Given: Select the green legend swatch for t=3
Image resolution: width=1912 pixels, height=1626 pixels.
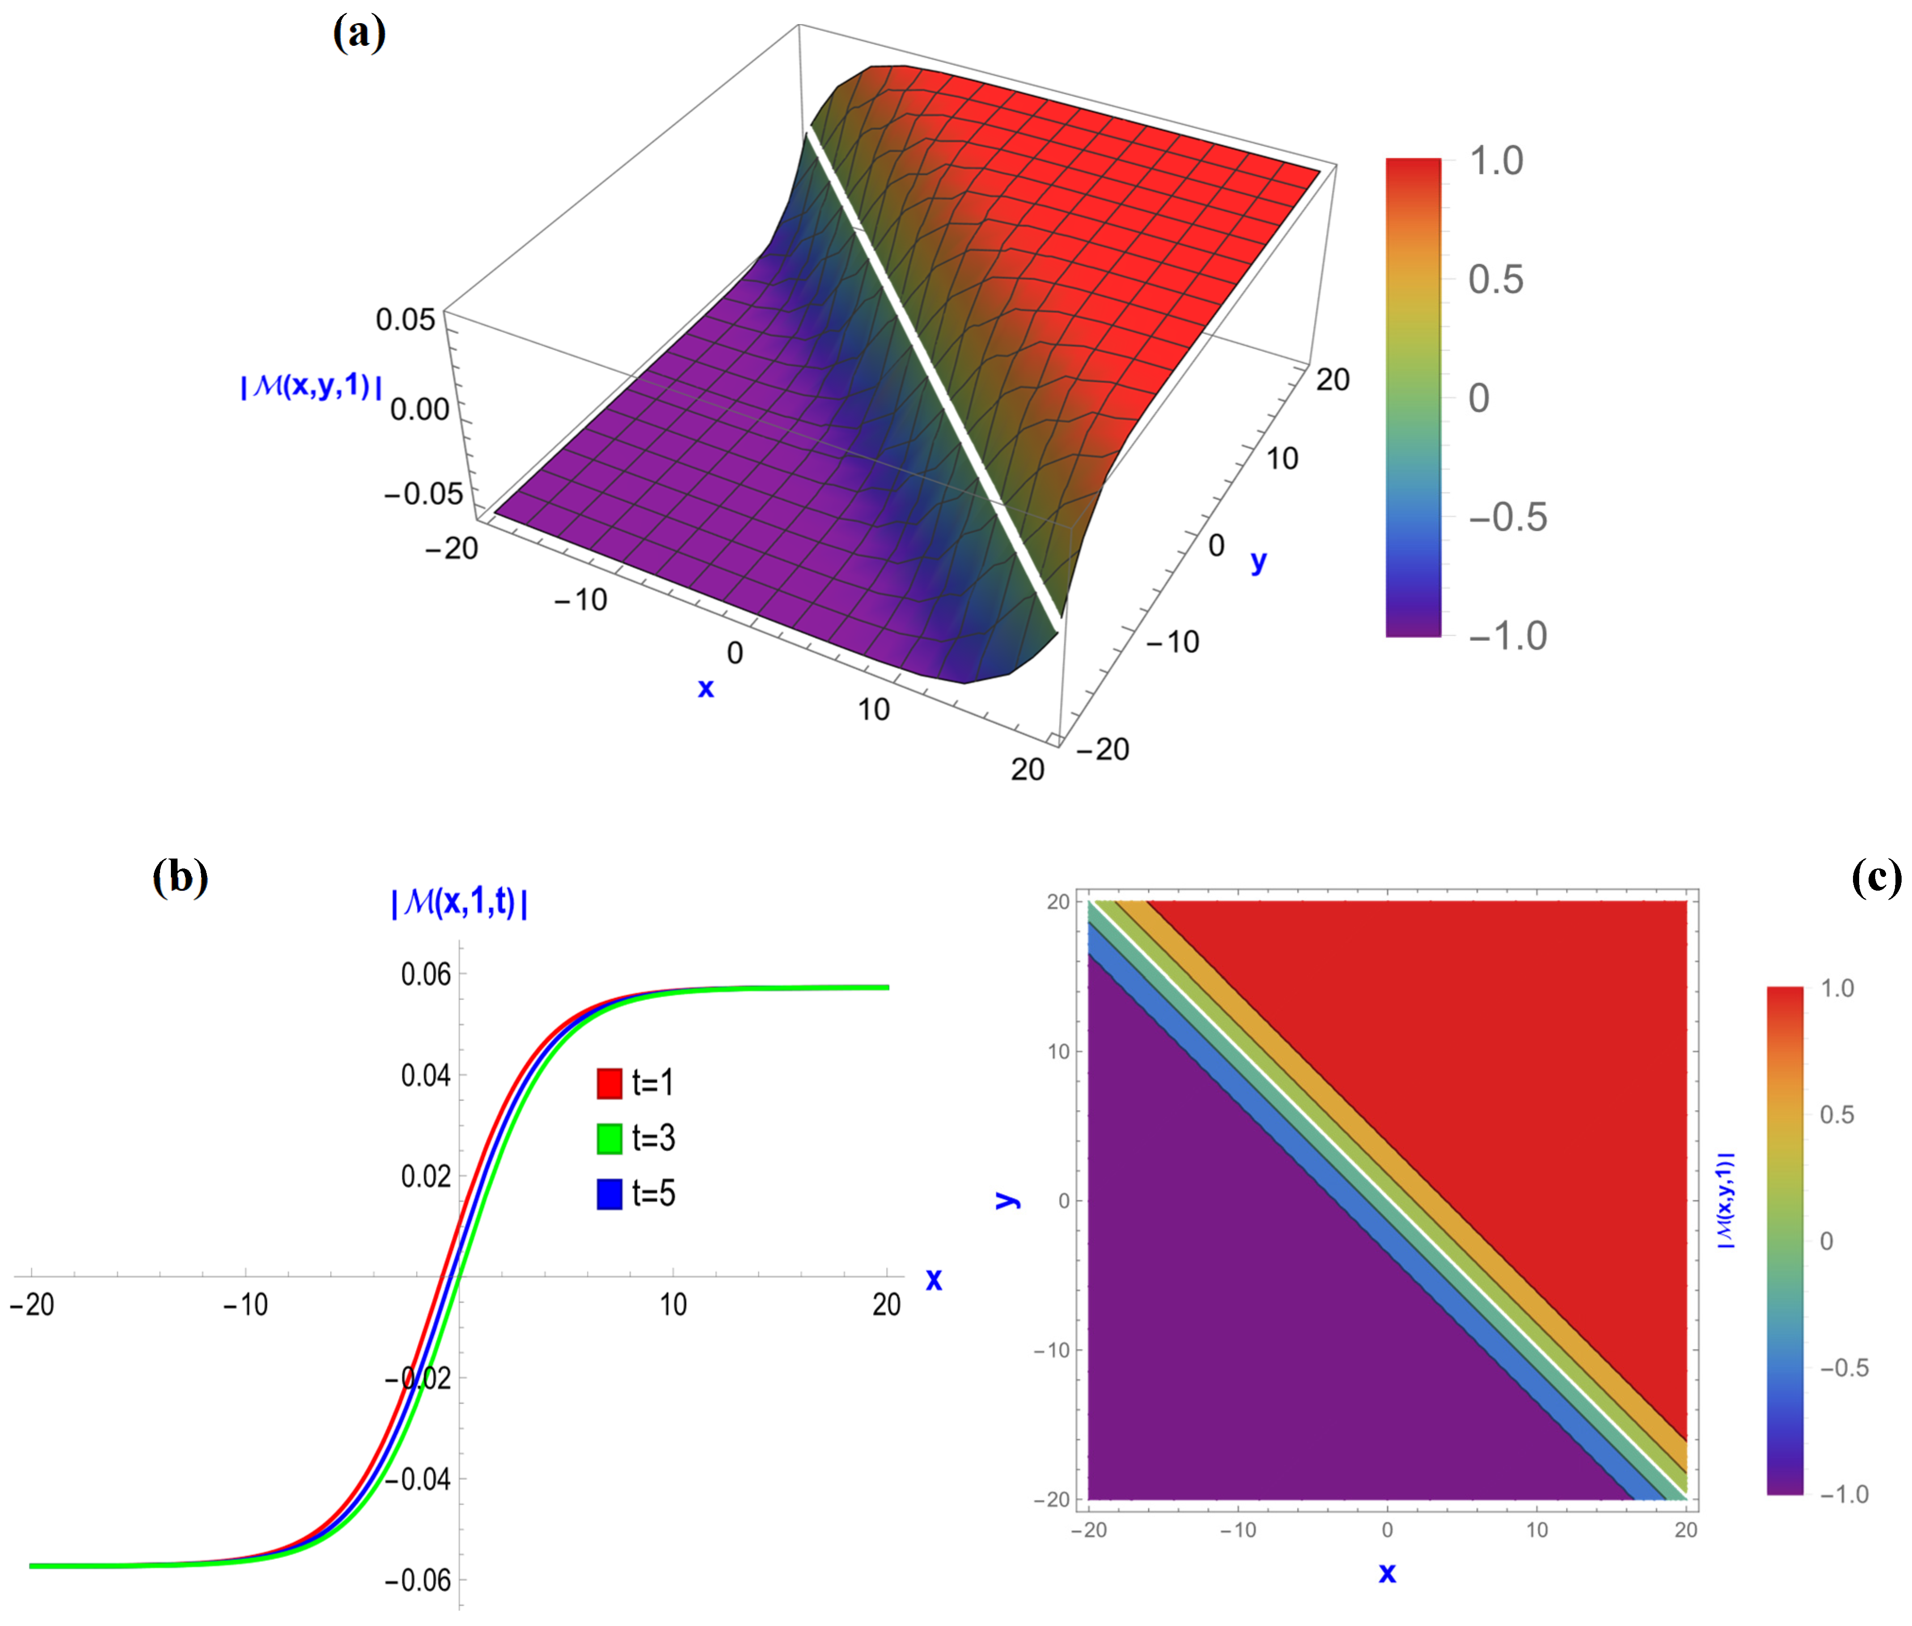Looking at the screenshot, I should coord(609,1138).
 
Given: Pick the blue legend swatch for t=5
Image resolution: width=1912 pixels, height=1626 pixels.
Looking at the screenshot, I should coord(609,1194).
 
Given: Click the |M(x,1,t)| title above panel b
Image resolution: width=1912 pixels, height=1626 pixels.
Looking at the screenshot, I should coord(459,902).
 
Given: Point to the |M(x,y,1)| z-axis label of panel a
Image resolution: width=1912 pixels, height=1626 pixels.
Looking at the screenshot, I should coord(311,385).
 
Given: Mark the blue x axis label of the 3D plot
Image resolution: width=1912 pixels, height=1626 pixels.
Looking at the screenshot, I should coord(705,688).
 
